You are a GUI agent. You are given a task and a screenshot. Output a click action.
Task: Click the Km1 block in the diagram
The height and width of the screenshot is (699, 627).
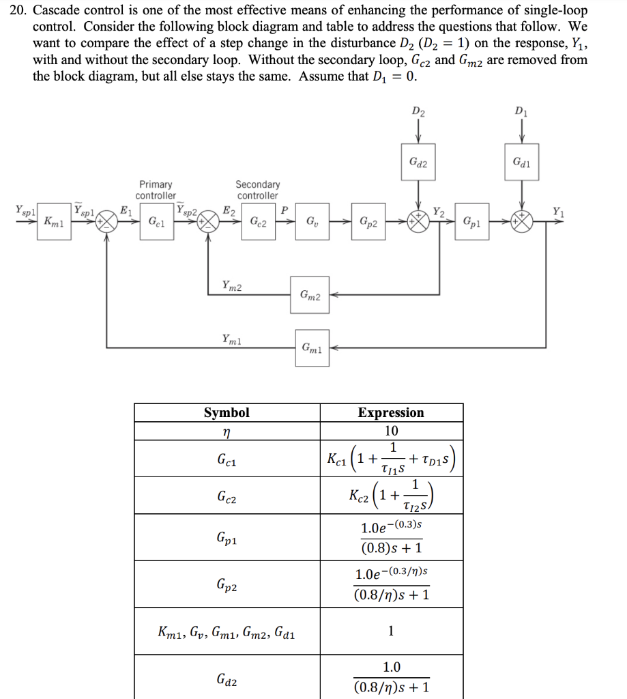pos(51,222)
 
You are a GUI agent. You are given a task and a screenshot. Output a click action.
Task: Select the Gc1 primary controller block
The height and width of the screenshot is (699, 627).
pos(156,222)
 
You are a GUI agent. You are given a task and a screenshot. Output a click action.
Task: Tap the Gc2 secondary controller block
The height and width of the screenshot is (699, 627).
pos(258,222)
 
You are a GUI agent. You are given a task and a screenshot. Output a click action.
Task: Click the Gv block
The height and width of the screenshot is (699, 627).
pos(311,222)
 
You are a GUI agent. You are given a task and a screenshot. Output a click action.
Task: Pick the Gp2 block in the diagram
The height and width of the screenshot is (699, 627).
pos(368,222)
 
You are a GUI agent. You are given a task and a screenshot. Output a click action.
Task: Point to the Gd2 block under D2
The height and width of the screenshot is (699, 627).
pos(418,162)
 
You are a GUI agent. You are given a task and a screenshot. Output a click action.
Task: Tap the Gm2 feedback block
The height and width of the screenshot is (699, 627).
pos(309,295)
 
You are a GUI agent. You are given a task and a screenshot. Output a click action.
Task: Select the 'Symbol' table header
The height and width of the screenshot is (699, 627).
pos(227,412)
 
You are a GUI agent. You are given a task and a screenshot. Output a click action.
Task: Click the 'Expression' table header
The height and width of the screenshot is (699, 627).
pos(391,412)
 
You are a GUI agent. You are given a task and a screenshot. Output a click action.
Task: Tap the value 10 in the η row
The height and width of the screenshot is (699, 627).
pos(391,431)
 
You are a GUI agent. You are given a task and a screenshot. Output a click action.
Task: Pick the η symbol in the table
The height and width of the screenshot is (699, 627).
pos(227,431)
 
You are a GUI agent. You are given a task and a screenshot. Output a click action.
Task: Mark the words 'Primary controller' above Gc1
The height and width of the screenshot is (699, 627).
pos(156,190)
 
